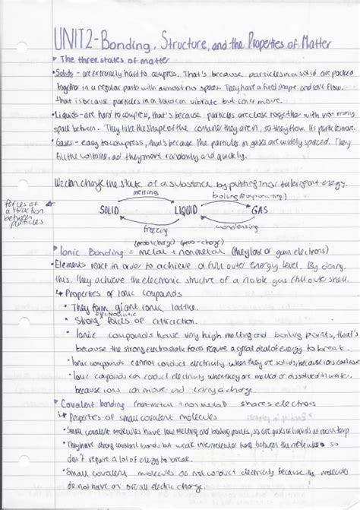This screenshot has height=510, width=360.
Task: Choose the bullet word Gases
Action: tap(69, 142)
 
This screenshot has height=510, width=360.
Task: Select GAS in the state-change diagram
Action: tap(258, 209)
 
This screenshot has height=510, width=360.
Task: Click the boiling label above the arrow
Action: tap(222, 195)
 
